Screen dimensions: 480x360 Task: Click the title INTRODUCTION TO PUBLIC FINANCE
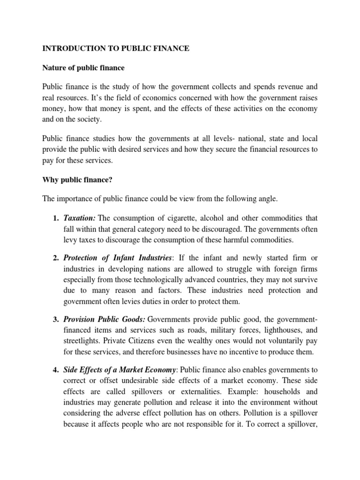[x=116, y=49]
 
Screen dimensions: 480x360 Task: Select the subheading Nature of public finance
[x=84, y=68]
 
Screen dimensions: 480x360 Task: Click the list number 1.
[x=55, y=218]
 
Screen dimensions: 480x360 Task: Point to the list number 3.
[x=55, y=320]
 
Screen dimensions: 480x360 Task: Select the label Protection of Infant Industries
[x=117, y=258]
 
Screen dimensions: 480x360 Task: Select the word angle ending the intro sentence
[x=268, y=199]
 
